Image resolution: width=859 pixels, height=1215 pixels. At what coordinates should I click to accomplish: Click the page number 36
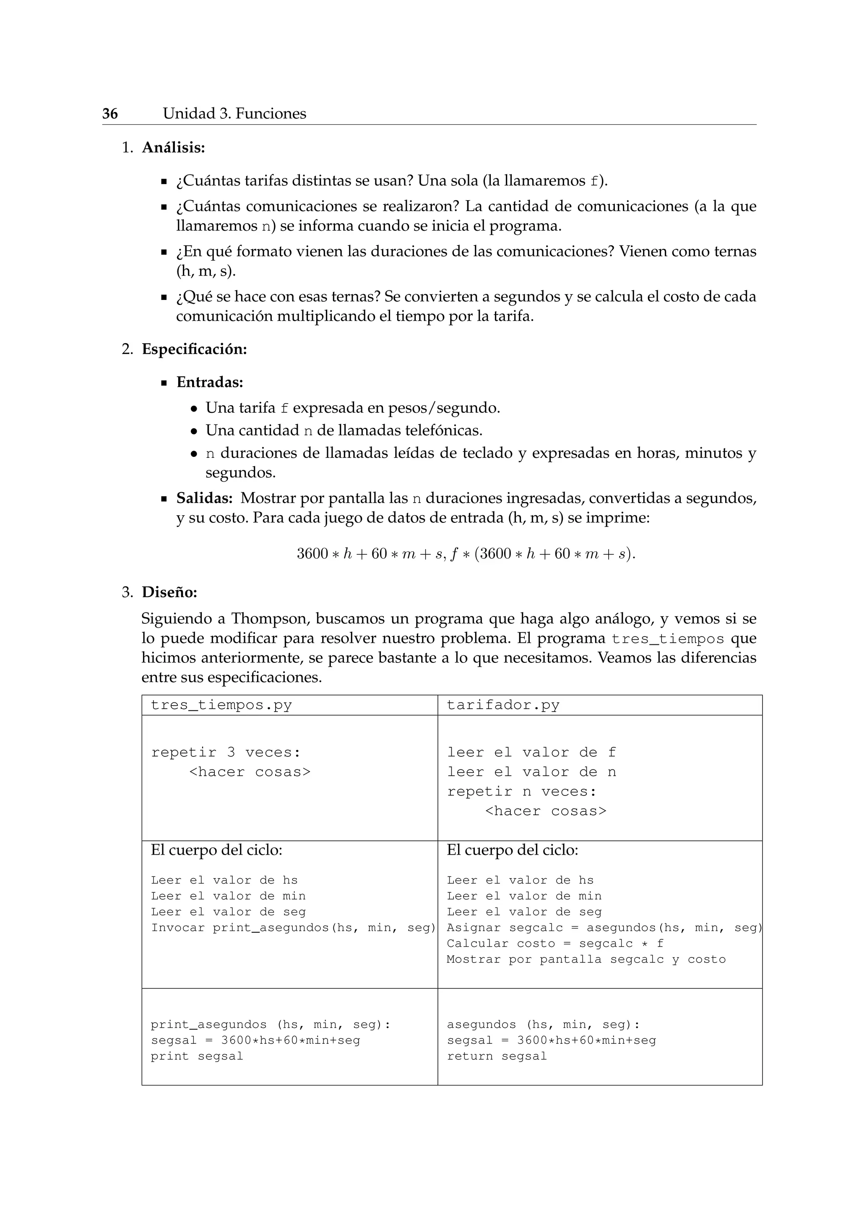(110, 114)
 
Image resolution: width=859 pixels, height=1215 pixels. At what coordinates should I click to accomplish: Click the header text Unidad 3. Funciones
(234, 114)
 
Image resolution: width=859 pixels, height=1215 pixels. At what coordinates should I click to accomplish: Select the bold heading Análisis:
(173, 148)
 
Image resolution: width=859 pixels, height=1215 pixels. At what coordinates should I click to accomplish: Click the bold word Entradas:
(209, 382)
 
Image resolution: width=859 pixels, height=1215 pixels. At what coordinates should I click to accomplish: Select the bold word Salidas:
(204, 498)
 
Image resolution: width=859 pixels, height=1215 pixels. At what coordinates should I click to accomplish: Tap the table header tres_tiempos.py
(221, 705)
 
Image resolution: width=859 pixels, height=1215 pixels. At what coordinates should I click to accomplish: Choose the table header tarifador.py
(502, 705)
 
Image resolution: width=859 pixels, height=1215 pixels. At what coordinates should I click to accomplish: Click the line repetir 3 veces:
(225, 753)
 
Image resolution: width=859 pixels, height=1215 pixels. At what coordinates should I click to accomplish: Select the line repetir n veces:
(521, 792)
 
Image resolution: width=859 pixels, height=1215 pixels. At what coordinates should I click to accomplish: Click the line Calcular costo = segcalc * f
(555, 944)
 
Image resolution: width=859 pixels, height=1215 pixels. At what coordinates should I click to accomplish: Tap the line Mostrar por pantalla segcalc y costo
(586, 959)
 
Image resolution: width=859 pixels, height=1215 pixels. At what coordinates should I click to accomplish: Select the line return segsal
(496, 1056)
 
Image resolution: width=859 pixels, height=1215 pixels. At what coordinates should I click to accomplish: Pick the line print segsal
(197, 1056)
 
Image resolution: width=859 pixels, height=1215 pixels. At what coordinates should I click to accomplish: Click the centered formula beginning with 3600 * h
(466, 554)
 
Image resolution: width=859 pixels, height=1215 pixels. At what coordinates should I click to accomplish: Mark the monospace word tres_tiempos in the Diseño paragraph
(667, 639)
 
